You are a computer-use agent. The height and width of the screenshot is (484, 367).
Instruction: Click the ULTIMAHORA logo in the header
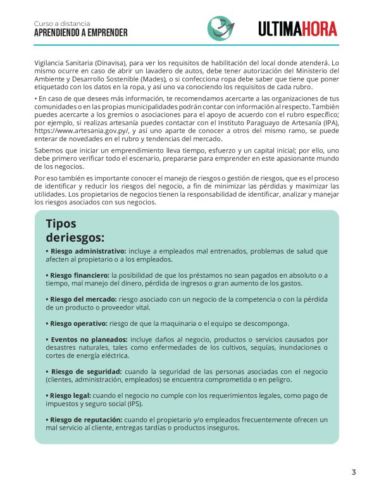coord(297,28)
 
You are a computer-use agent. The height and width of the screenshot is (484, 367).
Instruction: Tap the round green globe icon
coord(220,28)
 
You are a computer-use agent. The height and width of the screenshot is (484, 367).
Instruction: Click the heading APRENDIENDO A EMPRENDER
coord(80,33)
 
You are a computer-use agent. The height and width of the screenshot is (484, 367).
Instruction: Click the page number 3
coord(354,471)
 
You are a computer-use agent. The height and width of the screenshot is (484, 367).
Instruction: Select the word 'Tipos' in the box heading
coord(61,224)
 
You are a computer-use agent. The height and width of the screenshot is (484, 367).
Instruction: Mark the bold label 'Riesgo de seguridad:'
coord(87,371)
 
